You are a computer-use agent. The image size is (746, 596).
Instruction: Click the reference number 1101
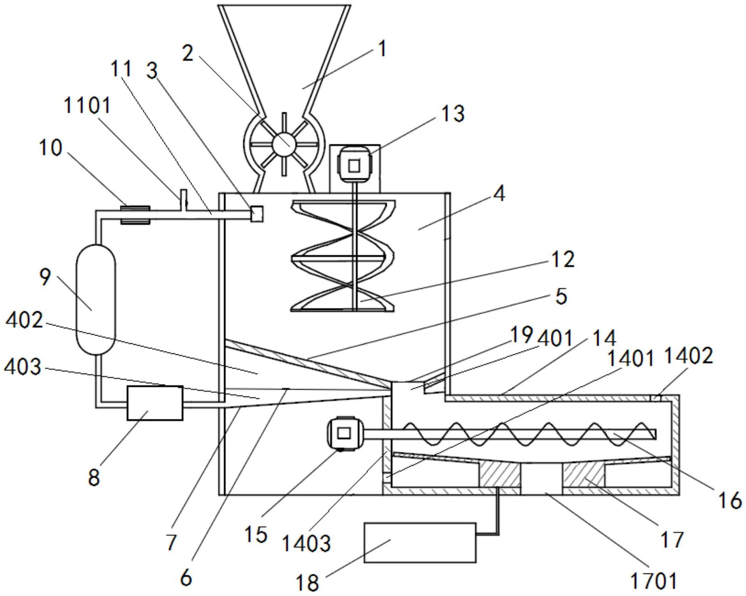point(87,106)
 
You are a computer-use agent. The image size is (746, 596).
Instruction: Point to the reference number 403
point(23,367)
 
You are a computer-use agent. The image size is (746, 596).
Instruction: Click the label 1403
point(306,544)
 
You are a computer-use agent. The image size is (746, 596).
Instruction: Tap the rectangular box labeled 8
point(155,403)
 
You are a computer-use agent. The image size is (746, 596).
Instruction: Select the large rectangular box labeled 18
point(420,543)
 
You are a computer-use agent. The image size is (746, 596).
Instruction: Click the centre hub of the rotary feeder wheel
point(284,144)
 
